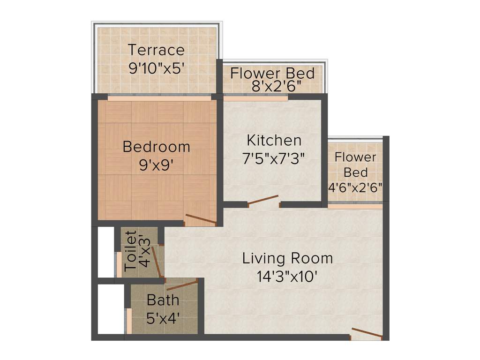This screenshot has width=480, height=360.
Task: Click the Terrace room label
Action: pos(156,50)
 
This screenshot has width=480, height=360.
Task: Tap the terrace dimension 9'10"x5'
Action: pos(156,67)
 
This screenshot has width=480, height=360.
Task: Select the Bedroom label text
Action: pos(156,147)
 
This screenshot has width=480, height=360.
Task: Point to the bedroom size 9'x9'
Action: pos(156,165)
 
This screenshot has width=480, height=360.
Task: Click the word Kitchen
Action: pos(274,140)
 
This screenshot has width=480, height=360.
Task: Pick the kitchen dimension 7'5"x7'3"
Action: pos(274,158)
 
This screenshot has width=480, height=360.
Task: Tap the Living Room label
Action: pos(287,258)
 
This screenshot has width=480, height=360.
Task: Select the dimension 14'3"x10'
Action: pos(287,277)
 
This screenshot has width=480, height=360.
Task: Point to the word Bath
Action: pos(163,300)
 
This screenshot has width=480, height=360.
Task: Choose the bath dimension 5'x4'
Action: pos(163,318)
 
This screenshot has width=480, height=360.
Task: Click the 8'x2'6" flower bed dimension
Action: pos(272,86)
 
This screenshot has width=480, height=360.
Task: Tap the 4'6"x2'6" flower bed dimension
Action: pos(355,186)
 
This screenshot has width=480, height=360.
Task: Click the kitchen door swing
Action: pos(263,200)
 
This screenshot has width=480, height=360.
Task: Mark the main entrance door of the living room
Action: pos(367,334)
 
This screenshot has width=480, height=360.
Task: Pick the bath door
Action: pos(181,284)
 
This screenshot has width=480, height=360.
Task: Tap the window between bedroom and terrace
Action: pos(158,98)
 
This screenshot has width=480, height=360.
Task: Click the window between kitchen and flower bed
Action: pos(255,98)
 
